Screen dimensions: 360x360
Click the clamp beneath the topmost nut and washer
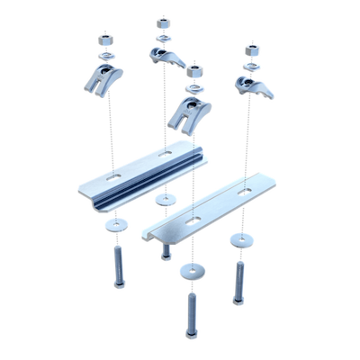pos(163,58)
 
